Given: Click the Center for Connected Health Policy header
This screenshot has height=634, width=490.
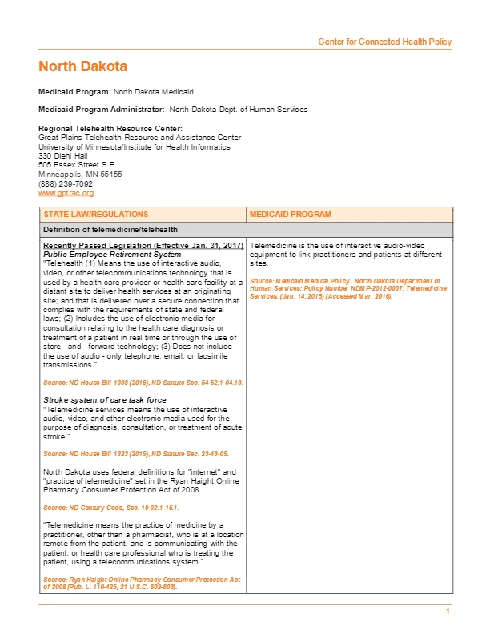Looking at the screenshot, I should click(384, 42).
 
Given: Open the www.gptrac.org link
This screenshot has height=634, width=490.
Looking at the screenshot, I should click(66, 193).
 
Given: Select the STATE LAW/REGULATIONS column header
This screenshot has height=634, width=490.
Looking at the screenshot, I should click(96, 215).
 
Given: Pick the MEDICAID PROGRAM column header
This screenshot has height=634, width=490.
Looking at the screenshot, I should click(290, 215).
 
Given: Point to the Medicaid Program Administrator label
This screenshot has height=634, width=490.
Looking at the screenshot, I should click(102, 110).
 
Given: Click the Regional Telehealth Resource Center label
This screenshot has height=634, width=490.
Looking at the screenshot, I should click(110, 129).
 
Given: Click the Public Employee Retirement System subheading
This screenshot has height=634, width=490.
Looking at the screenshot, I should click(112, 254).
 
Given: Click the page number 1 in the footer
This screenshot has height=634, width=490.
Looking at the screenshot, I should click(448, 612).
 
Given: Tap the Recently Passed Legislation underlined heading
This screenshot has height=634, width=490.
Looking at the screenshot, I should click(143, 245).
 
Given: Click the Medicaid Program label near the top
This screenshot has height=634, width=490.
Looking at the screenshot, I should click(75, 92).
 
